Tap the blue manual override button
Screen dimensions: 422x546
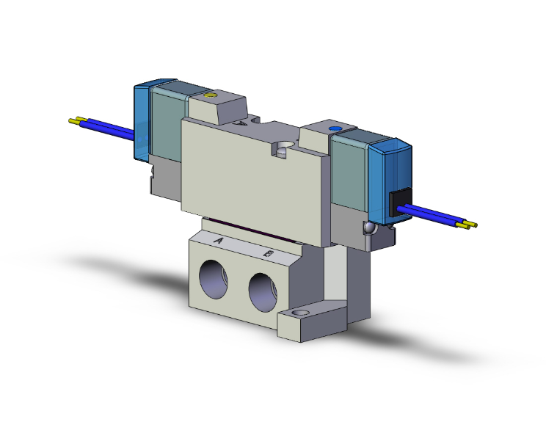[337, 129]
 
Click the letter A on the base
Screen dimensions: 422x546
[218, 240]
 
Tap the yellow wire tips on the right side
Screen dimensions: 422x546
[468, 225]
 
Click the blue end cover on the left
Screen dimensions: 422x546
[142, 122]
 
